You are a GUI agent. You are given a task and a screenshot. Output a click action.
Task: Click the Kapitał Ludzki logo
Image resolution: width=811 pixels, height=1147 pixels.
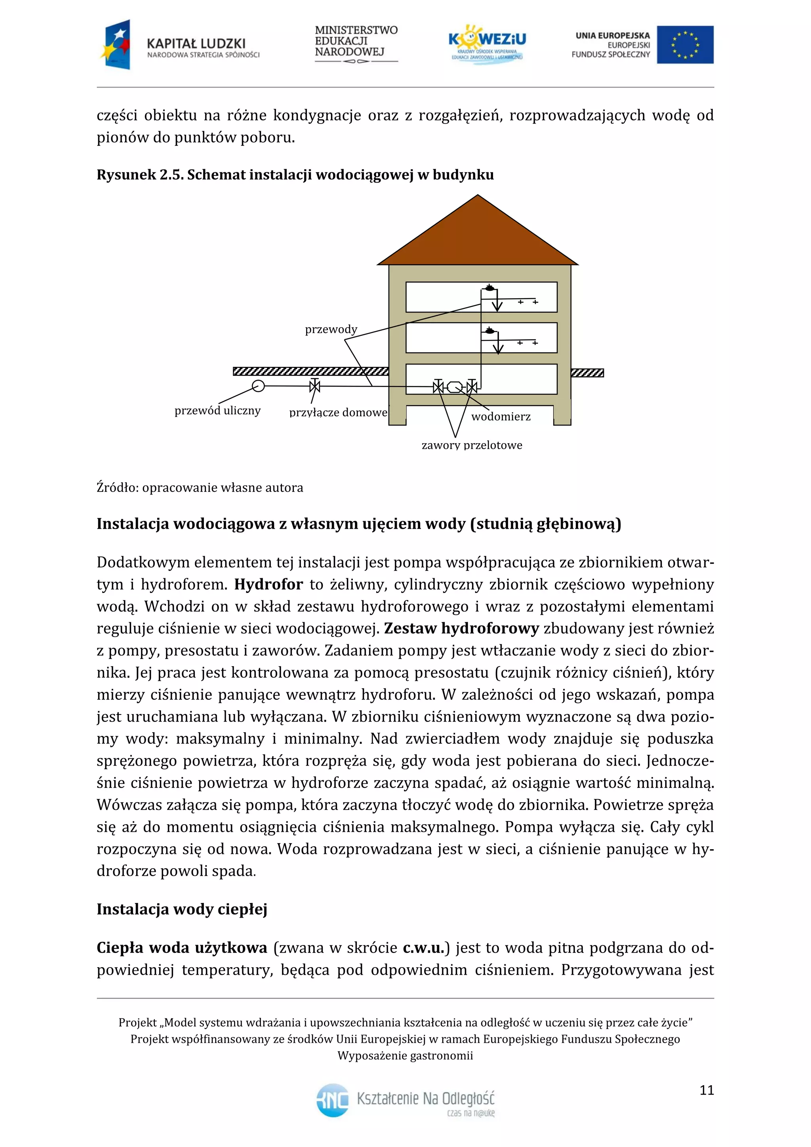pyautogui.click(x=180, y=45)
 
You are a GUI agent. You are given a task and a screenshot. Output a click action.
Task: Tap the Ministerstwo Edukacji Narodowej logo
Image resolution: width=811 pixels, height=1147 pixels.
pyautogui.click(x=356, y=44)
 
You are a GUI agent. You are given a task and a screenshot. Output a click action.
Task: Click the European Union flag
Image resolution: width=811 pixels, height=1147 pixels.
pyautogui.click(x=685, y=45)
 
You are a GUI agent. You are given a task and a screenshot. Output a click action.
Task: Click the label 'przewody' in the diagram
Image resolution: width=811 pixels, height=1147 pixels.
pyautogui.click(x=331, y=329)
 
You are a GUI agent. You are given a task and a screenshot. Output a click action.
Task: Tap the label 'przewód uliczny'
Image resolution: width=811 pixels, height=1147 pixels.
pyautogui.click(x=217, y=411)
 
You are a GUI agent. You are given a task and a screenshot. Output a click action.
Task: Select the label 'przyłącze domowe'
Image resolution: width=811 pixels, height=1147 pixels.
pyautogui.click(x=338, y=413)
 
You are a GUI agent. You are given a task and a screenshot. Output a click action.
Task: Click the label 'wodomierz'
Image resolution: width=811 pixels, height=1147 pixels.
pyautogui.click(x=501, y=417)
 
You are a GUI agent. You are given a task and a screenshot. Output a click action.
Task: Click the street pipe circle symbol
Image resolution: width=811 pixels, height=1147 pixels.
pyautogui.click(x=258, y=386)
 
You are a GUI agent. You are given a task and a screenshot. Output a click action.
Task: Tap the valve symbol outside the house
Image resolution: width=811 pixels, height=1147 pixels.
pyautogui.click(x=314, y=386)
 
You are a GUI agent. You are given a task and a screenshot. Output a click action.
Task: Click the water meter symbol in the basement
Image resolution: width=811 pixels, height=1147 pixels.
pyautogui.click(x=455, y=387)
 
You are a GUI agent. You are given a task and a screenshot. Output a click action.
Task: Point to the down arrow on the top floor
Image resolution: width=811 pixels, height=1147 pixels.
pyautogui.click(x=497, y=305)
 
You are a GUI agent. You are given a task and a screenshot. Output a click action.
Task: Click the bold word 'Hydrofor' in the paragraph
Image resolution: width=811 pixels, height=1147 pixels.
pyautogui.click(x=268, y=585)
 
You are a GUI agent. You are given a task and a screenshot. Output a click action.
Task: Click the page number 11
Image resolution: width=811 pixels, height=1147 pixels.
pyautogui.click(x=706, y=1090)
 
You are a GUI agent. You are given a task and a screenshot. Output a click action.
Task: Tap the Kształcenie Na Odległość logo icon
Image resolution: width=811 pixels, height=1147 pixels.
pyautogui.click(x=333, y=1100)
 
